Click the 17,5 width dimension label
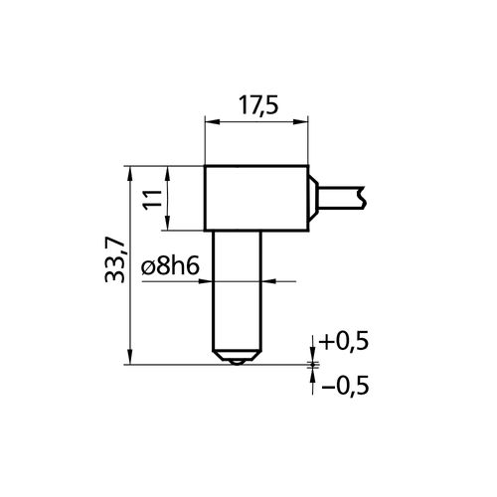point(258,105)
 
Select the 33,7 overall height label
point(115,260)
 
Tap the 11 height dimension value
point(152,198)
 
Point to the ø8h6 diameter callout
point(170,267)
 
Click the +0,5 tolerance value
point(343,342)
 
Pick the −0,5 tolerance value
point(345,386)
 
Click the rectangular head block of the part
point(256,198)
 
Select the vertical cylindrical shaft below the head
point(237,291)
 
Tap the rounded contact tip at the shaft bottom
point(237,362)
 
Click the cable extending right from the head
point(341,198)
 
